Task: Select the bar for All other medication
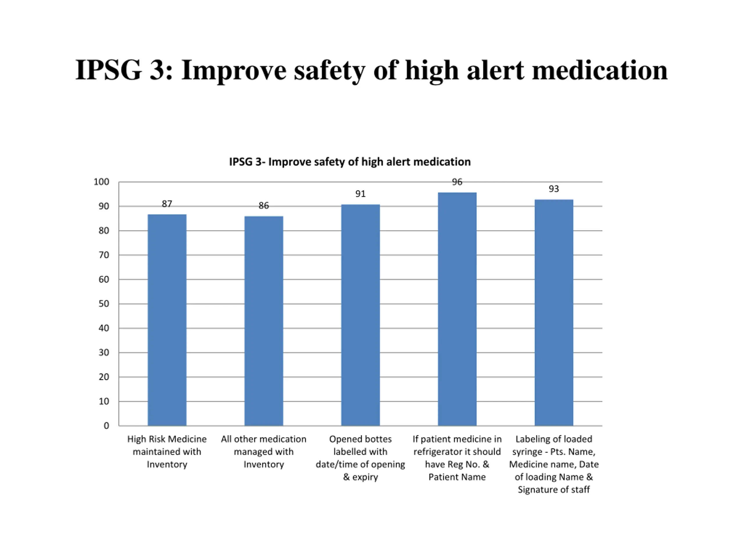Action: (x=264, y=321)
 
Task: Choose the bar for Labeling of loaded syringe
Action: (x=554, y=312)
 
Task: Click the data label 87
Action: (x=167, y=204)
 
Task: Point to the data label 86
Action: (x=264, y=205)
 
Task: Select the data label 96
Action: (x=457, y=182)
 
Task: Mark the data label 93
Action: (x=554, y=189)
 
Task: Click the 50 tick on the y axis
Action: (x=104, y=304)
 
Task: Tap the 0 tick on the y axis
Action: (x=106, y=426)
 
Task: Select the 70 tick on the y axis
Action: (x=104, y=255)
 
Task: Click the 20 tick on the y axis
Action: (x=104, y=377)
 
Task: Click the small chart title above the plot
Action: (x=350, y=162)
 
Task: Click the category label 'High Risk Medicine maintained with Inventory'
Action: (x=167, y=452)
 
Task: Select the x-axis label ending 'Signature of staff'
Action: (x=554, y=464)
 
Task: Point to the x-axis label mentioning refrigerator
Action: (x=457, y=458)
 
